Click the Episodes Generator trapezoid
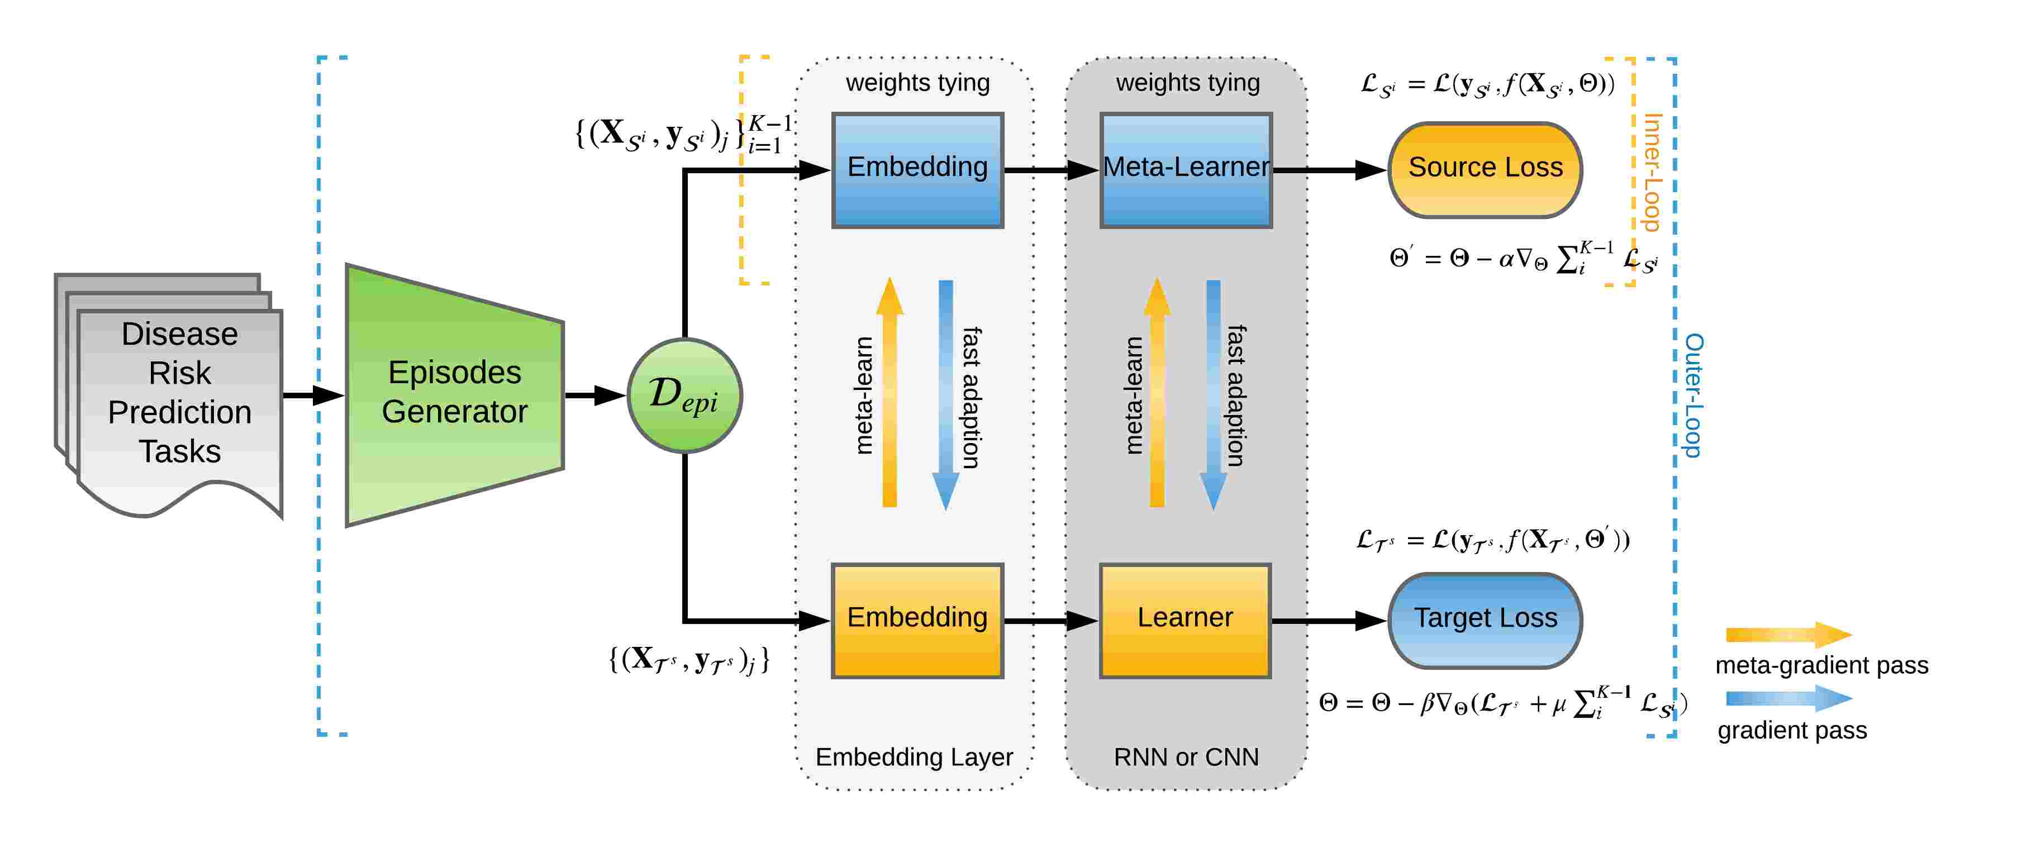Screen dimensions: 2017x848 pyautogui.click(x=455, y=396)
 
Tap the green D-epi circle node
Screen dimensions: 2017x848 pyautogui.click(x=684, y=396)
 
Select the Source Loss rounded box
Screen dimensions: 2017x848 pyautogui.click(x=1485, y=170)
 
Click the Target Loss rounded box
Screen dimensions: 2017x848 pyautogui.click(x=1485, y=620)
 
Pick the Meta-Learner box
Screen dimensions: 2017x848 pyautogui.click(x=1186, y=170)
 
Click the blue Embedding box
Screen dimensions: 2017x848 pyautogui.click(x=917, y=170)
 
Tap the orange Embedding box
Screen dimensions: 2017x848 pyautogui.click(x=917, y=620)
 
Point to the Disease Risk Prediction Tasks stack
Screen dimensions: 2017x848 pyautogui.click(x=168, y=396)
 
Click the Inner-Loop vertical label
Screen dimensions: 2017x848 pyautogui.click(x=1652, y=172)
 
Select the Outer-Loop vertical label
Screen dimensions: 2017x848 pyautogui.click(x=1693, y=396)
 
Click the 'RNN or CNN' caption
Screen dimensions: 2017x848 pyautogui.click(x=1186, y=757)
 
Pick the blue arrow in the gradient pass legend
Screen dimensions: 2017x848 pyautogui.click(x=1789, y=698)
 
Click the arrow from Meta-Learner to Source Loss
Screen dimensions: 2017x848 pyautogui.click(x=1330, y=170)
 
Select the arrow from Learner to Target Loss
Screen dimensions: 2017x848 pyautogui.click(x=1330, y=620)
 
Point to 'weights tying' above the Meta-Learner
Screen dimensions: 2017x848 pyautogui.click(x=1187, y=82)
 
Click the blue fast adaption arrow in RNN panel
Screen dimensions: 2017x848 pyautogui.click(x=1213, y=396)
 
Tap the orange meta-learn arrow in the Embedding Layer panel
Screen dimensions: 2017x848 pyautogui.click(x=889, y=392)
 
